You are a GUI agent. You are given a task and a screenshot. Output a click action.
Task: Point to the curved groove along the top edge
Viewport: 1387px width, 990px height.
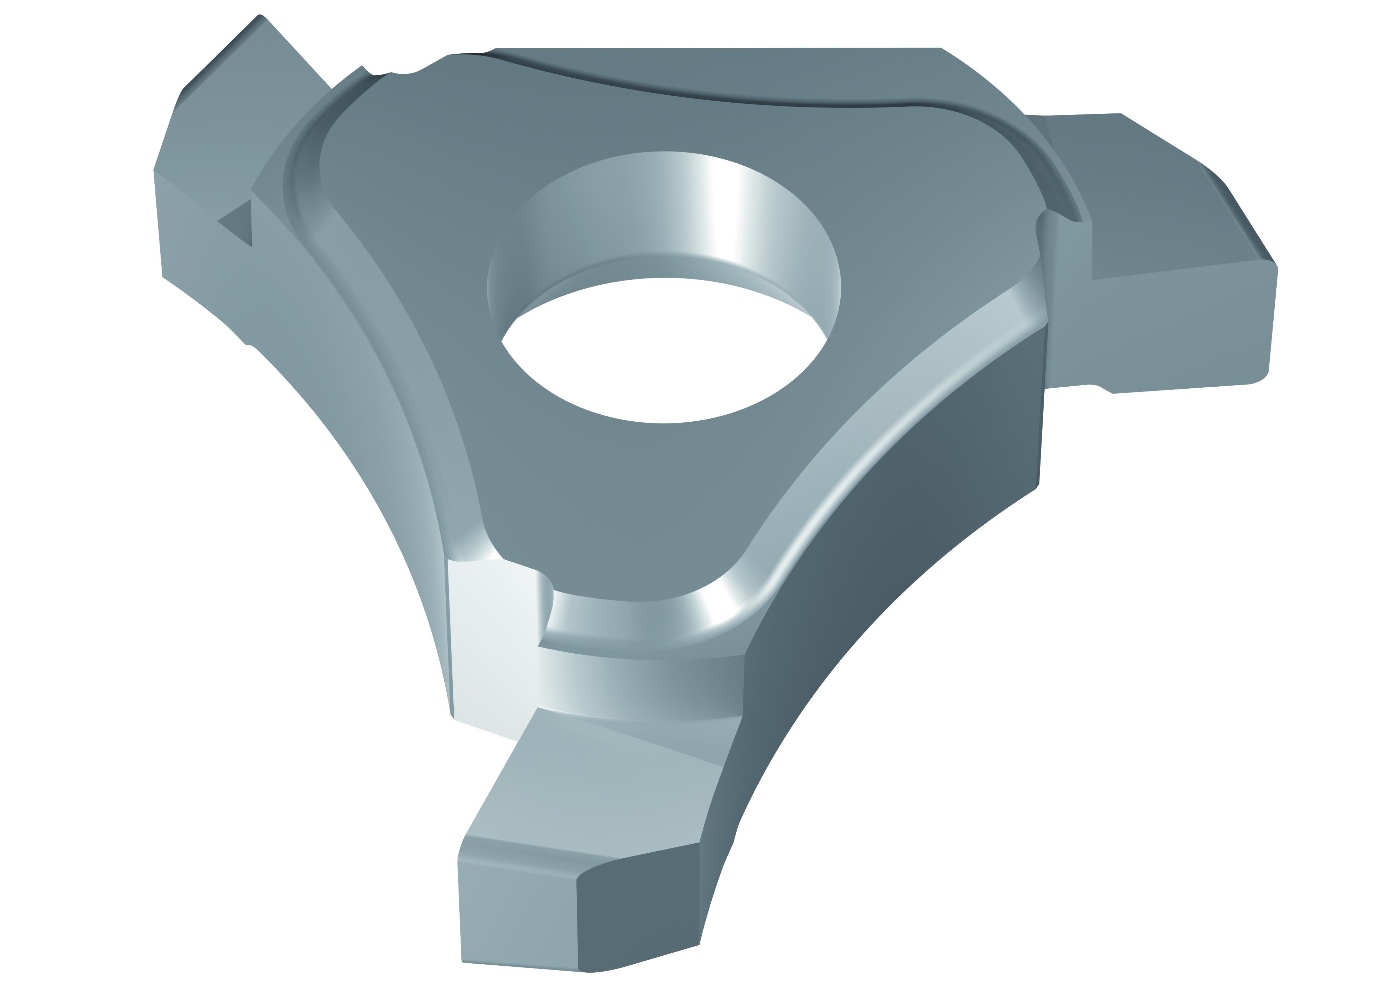701,97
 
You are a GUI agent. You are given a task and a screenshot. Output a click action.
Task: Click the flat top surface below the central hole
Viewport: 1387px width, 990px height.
610,488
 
